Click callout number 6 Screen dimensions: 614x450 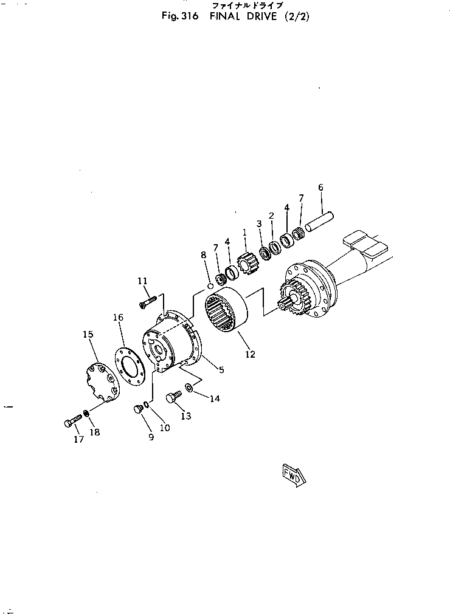(320, 188)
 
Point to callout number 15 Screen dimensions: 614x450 (88, 334)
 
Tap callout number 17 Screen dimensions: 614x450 (78, 439)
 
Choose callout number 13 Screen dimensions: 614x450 (185, 416)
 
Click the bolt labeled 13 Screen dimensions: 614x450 (174, 397)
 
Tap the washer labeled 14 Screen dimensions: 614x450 (189, 387)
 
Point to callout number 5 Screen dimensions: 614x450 (221, 369)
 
